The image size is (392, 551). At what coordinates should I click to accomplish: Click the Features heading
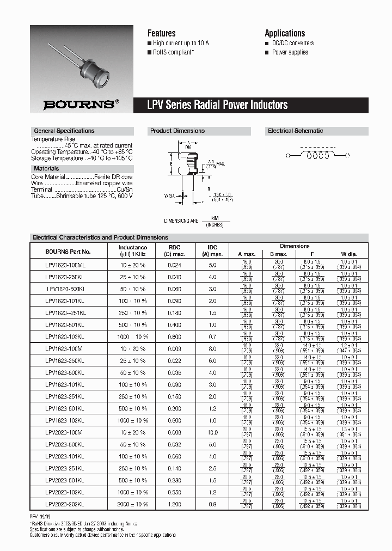(162, 33)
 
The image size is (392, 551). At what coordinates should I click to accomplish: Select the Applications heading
(285, 33)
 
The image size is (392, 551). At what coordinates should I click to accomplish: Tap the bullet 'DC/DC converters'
(293, 43)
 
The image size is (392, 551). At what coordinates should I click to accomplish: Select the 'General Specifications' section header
(64, 131)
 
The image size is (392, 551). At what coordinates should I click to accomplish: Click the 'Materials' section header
(46, 169)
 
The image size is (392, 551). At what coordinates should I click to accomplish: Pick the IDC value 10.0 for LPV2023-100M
(212, 432)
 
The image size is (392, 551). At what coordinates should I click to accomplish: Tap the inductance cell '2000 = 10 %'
(133, 504)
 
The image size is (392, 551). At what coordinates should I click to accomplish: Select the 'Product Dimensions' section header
(177, 131)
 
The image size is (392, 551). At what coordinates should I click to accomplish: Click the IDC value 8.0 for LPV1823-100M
(212, 348)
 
